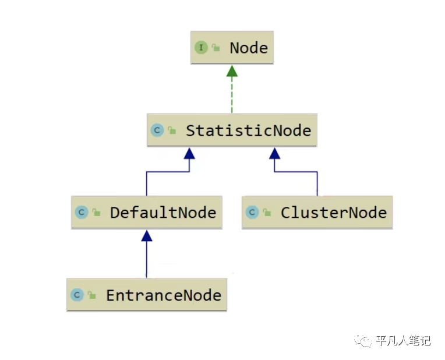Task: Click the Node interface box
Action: click(232, 48)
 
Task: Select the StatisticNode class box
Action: click(232, 130)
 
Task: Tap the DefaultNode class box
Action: click(147, 212)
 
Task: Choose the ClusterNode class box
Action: click(317, 212)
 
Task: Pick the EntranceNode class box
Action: click(147, 295)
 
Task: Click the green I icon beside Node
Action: click(201, 47)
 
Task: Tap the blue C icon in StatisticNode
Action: click(157, 130)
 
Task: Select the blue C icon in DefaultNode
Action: click(82, 213)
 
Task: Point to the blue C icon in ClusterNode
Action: click(252, 213)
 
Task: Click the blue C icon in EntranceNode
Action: click(77, 295)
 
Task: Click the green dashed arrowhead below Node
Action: click(232, 71)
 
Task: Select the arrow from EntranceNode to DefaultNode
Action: click(147, 254)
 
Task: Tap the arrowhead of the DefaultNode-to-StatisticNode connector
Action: click(189, 153)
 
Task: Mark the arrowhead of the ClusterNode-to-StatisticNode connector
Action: click(274, 153)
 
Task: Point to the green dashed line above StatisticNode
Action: click(232, 95)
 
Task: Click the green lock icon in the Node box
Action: click(216, 47)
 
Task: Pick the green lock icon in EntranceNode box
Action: click(91, 295)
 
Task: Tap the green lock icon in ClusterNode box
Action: click(267, 212)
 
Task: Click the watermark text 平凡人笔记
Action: click(403, 340)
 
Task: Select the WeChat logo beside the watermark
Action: click(363, 340)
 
